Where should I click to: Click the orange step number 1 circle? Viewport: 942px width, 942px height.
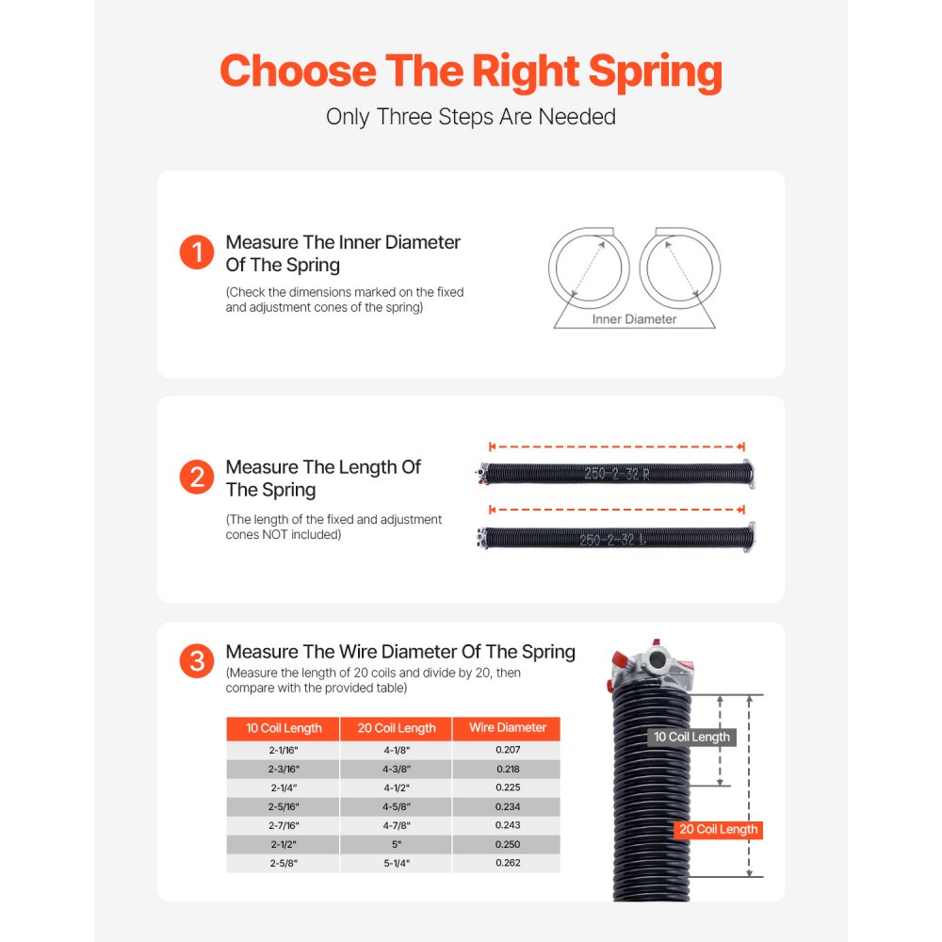(x=197, y=252)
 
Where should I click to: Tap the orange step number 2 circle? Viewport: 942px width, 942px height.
(x=197, y=477)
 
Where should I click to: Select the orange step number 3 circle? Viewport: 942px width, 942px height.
(x=197, y=661)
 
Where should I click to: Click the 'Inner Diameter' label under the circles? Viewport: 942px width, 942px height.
(x=634, y=319)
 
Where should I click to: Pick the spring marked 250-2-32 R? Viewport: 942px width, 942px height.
(x=617, y=474)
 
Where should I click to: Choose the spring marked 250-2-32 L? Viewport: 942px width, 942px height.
(x=617, y=539)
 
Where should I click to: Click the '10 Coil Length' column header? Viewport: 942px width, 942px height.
(x=284, y=728)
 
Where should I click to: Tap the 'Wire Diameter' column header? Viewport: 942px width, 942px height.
(x=507, y=728)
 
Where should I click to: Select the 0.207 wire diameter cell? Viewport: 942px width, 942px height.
(x=507, y=750)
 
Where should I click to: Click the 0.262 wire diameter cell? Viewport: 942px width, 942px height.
(x=507, y=863)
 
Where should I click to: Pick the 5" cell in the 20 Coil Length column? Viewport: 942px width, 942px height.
(x=397, y=844)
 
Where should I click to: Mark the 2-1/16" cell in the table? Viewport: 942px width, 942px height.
(x=284, y=750)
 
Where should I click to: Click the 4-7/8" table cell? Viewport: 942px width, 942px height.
(x=397, y=825)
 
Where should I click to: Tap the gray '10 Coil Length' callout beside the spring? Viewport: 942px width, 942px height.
(x=691, y=737)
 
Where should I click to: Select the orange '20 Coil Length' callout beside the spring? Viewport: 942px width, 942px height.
(x=717, y=830)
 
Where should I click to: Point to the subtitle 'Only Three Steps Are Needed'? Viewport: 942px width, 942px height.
(x=471, y=117)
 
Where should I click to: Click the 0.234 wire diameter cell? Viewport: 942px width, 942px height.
(x=507, y=806)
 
